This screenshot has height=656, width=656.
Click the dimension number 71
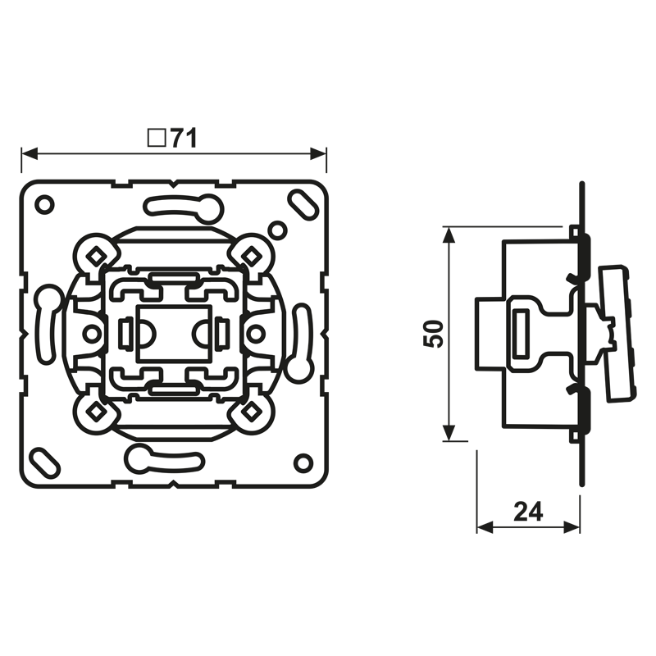[x=184, y=139]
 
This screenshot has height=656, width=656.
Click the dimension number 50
[x=433, y=334]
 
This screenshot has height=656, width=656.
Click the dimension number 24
[x=528, y=511]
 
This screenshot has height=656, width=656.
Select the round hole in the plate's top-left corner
[x=44, y=204]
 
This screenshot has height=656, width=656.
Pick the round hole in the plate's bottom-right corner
[x=303, y=462]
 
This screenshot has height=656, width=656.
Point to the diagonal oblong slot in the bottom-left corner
[x=45, y=462]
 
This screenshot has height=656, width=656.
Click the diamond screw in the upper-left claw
[x=96, y=255]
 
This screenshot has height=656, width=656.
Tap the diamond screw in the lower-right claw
[x=252, y=412]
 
